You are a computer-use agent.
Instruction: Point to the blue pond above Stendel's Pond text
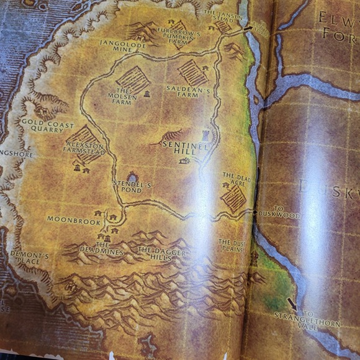pyautogui.click(x=132, y=178)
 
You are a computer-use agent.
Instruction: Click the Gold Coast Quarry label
pyautogui.click(x=42, y=126)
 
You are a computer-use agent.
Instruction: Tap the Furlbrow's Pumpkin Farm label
pyautogui.click(x=178, y=37)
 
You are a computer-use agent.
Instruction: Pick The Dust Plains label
pyautogui.click(x=232, y=245)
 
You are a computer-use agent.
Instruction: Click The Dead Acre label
pyautogui.click(x=236, y=179)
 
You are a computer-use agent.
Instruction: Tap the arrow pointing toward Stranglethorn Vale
pyautogui.click(x=292, y=304)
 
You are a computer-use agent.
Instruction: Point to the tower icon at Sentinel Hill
pyautogui.click(x=205, y=135)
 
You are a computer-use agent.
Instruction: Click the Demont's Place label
pyautogui.click(x=29, y=258)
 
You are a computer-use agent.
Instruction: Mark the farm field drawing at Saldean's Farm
pyautogui.click(x=192, y=73)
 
